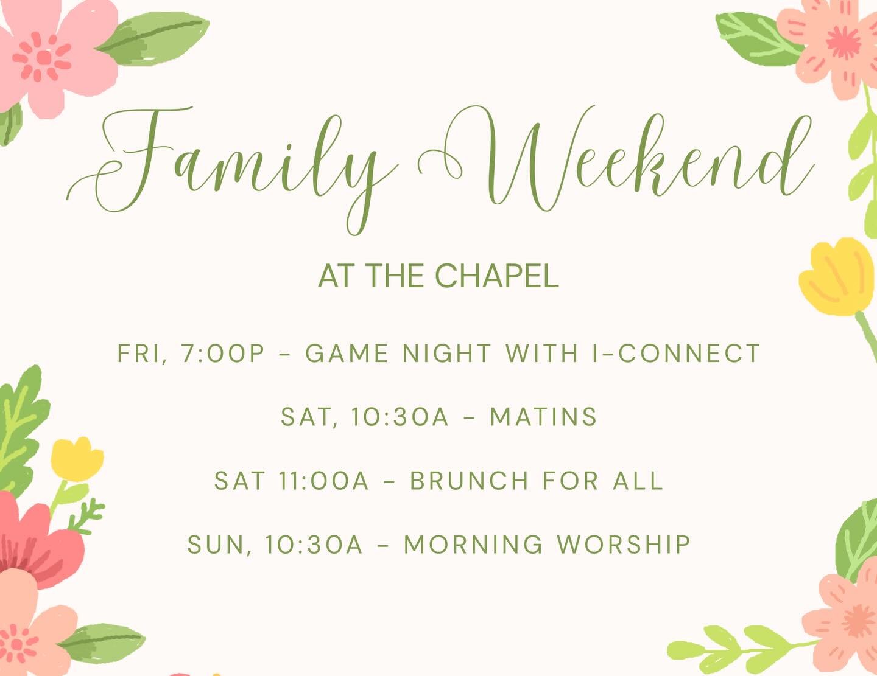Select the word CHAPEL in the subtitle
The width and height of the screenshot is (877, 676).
[x=496, y=276]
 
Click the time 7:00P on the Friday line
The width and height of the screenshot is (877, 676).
[x=223, y=354]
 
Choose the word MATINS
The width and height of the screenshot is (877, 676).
[x=543, y=417]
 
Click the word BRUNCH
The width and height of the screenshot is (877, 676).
[x=469, y=481]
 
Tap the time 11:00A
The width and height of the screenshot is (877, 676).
[x=324, y=481]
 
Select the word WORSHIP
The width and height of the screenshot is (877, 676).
[x=624, y=545]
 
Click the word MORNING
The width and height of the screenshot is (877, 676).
[x=473, y=545]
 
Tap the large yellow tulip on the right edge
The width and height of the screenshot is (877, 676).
[x=838, y=277]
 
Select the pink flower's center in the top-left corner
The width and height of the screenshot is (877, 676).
[x=44, y=58]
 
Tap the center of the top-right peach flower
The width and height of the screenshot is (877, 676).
[x=843, y=43]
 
